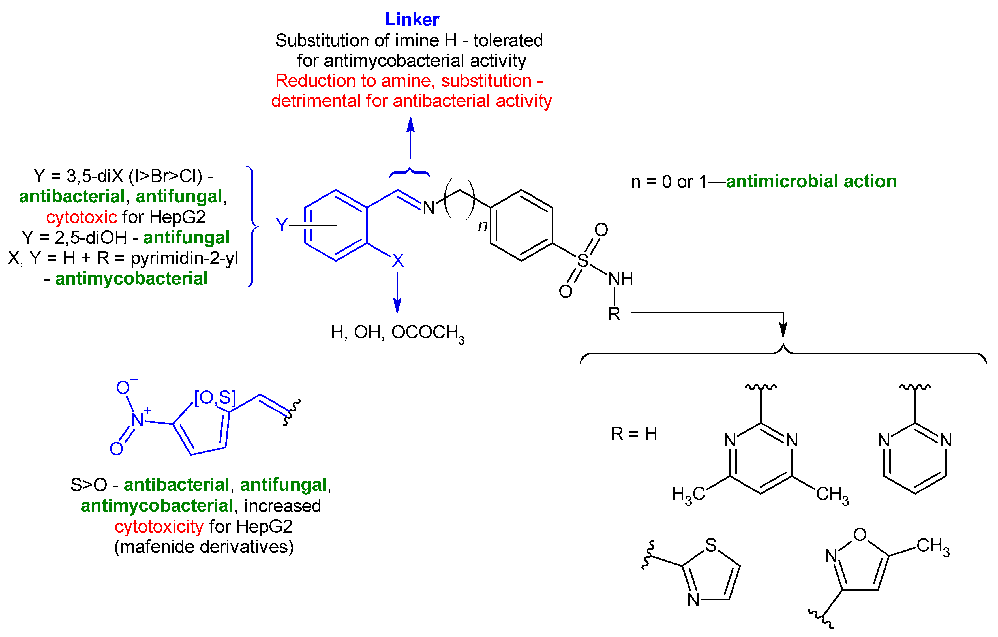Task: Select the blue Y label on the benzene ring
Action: (282, 225)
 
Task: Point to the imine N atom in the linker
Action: (429, 208)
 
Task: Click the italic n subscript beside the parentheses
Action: (482, 226)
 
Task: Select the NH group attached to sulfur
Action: (620, 279)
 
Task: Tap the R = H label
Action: (634, 434)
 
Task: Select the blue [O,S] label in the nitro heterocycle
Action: (215, 398)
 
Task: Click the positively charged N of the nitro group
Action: (138, 420)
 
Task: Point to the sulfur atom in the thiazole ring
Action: (711, 545)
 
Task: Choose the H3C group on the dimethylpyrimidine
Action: (688, 494)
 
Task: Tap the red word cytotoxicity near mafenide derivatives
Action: (159, 526)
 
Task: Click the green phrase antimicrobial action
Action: (811, 181)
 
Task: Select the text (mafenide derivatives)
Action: (204, 547)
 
